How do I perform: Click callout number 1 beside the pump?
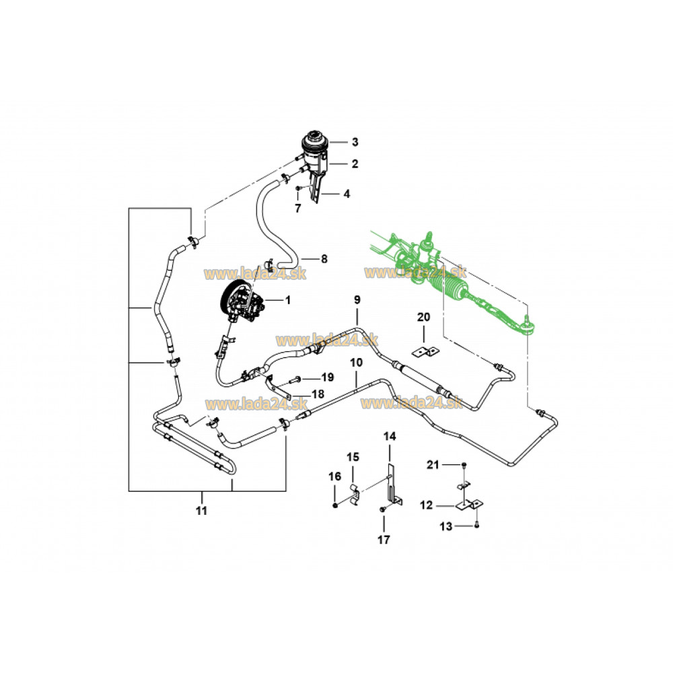287,300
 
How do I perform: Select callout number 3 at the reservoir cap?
355,142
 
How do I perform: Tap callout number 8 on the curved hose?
324,258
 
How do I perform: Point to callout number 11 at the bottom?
201,511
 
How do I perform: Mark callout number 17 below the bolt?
384,539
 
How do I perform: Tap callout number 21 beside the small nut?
435,465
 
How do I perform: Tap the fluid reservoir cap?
315,143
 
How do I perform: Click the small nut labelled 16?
334,505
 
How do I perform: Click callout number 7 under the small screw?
297,209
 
